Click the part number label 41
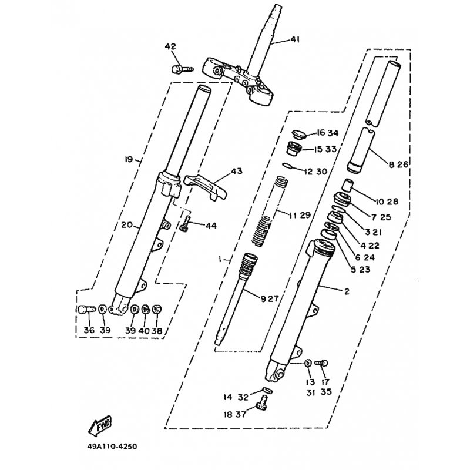(x=294, y=40)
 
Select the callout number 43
(x=236, y=171)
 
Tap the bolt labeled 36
(x=86, y=310)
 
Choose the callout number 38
(x=157, y=331)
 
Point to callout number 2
(x=346, y=290)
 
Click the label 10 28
(x=387, y=202)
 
